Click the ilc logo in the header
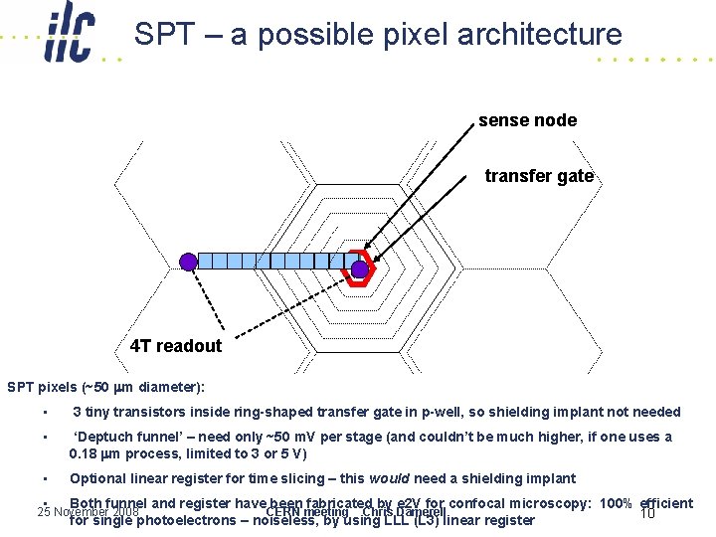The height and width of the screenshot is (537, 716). click(69, 38)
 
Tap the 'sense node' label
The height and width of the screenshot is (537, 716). click(527, 120)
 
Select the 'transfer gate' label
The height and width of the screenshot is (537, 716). click(539, 176)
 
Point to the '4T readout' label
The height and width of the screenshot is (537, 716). click(176, 346)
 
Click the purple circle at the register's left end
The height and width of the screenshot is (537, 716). click(188, 262)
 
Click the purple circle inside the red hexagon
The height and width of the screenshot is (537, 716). click(360, 267)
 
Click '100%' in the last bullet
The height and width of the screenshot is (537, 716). click(617, 503)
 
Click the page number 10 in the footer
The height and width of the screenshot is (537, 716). click(647, 513)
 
